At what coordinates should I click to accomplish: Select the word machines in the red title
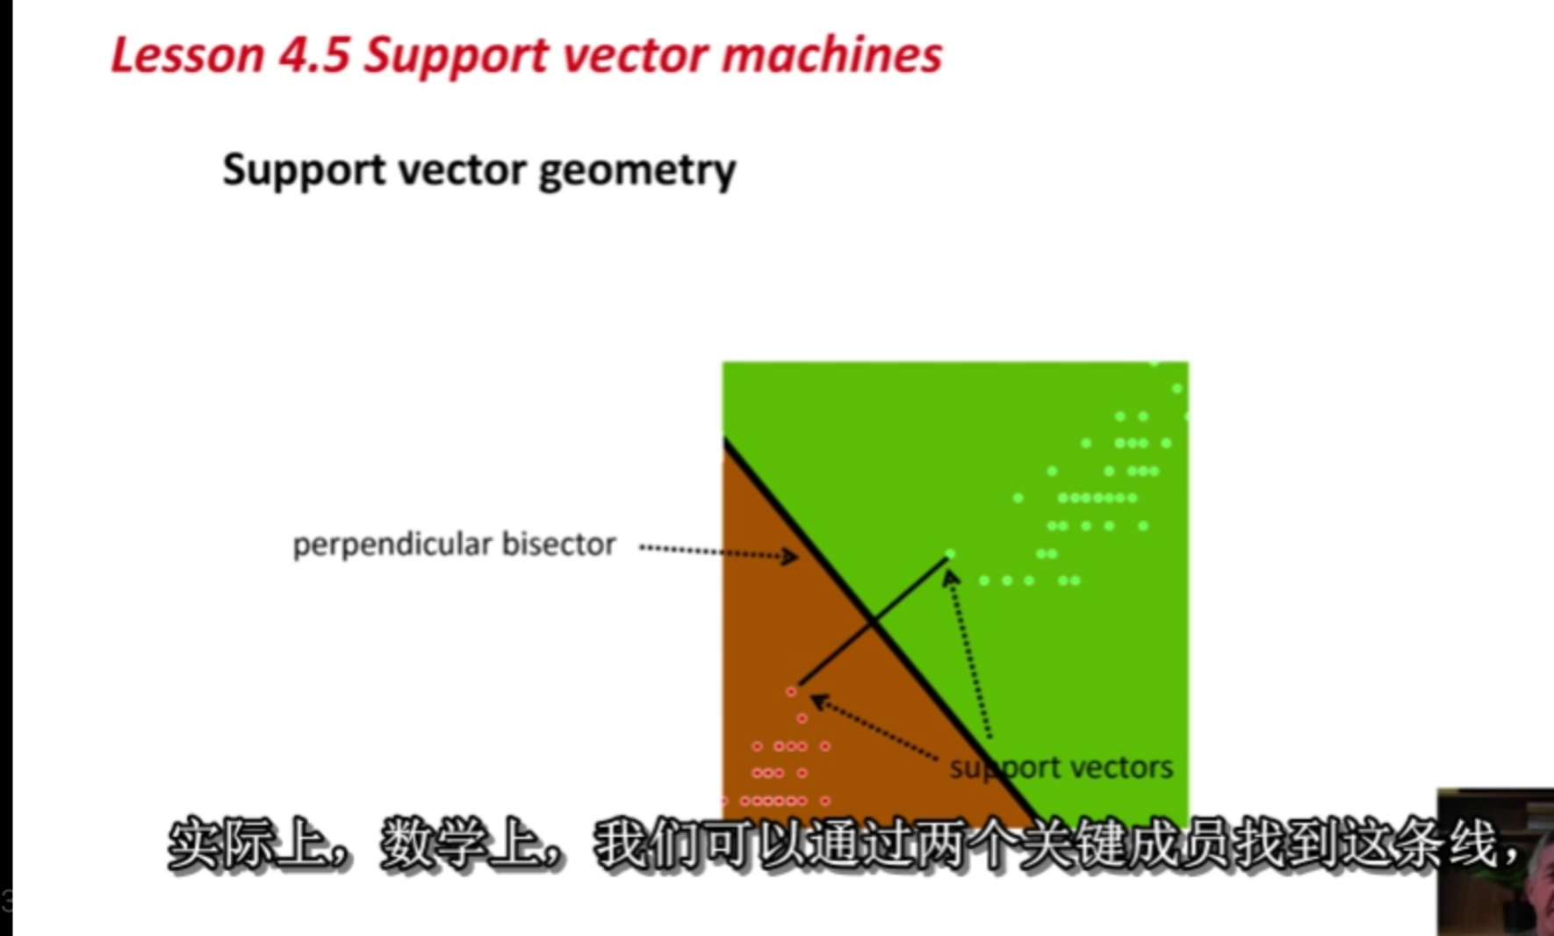coord(832,54)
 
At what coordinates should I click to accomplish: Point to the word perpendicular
coord(392,545)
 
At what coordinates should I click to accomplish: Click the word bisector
coord(559,544)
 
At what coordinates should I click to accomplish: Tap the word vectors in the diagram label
coord(1121,767)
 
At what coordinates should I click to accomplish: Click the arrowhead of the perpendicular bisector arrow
coord(789,556)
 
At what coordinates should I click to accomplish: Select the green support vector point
coord(950,555)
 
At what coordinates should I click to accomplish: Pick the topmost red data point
coord(791,692)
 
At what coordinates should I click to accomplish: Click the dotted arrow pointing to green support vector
coord(969,654)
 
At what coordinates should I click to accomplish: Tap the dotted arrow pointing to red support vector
coord(874,726)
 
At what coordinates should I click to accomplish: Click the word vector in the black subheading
coord(462,170)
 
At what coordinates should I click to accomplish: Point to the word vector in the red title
coord(636,56)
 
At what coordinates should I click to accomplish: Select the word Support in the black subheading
coord(304,170)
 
